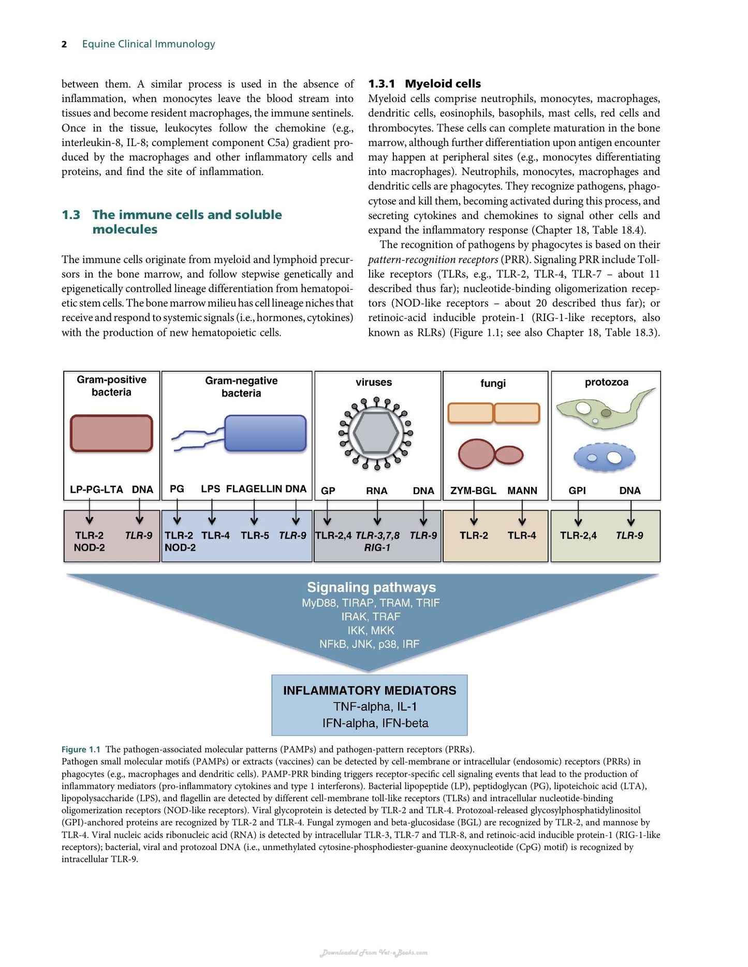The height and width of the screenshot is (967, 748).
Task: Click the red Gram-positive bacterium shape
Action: coord(111,433)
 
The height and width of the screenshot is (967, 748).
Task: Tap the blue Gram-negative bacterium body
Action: coord(266,433)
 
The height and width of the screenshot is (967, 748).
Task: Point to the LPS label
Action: coord(210,489)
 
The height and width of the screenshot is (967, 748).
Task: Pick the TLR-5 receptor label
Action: coord(255,536)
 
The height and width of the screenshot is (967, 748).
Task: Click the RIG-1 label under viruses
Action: coord(377,548)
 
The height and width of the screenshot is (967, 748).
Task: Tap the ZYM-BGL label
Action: coord(473,490)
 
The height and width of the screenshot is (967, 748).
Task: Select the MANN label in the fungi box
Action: coord(522,490)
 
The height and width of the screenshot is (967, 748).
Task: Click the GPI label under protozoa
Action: coord(577,490)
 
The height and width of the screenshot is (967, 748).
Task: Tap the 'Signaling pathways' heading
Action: coord(371,587)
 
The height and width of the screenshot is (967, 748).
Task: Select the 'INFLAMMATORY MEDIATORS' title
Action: coord(370,690)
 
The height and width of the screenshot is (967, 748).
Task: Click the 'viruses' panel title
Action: coord(374,382)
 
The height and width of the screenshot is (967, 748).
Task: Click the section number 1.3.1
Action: coord(382,84)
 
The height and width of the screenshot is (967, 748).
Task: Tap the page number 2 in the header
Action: coord(64,45)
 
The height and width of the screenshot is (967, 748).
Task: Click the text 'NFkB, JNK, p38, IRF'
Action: coord(369,644)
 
